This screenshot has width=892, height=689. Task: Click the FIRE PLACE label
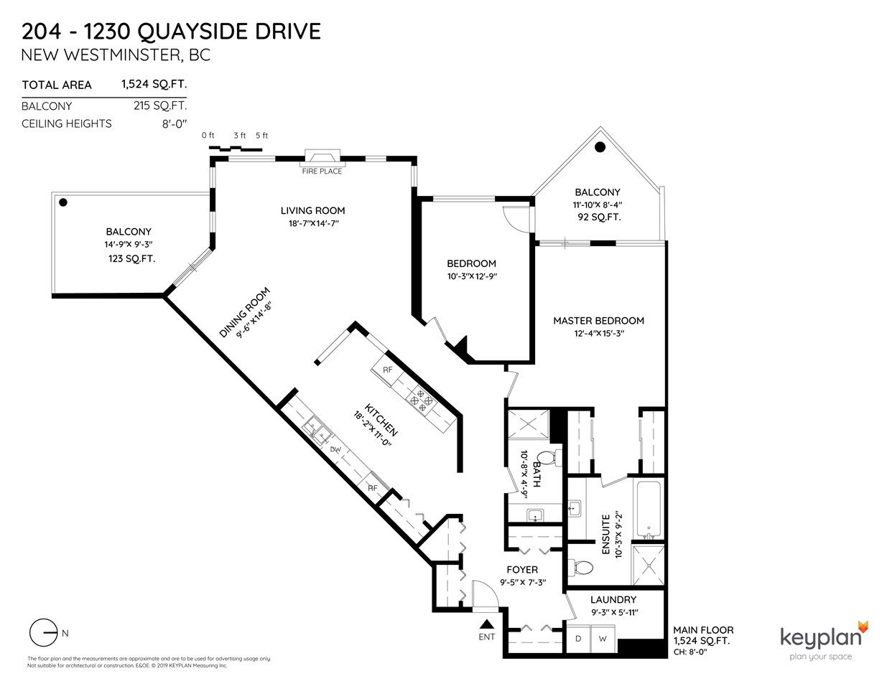coord(321,171)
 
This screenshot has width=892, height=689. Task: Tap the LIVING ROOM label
coord(312,210)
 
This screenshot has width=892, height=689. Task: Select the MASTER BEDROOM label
coord(598,321)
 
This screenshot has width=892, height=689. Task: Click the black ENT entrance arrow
coord(487,624)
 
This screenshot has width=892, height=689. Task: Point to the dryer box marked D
coord(578,639)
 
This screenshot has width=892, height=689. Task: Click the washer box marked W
coord(603,639)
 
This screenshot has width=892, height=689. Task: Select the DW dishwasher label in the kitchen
coord(335,450)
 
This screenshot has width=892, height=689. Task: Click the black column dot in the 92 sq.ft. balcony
coord(600,147)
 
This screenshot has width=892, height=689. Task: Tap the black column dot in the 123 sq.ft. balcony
coord(64,202)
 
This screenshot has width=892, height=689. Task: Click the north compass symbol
coord(45,633)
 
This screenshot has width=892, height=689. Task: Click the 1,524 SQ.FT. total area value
coord(154,84)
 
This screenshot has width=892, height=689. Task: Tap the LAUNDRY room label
coord(613,599)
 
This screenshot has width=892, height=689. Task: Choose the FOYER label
coord(522,570)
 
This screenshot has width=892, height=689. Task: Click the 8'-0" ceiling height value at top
coord(174,123)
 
